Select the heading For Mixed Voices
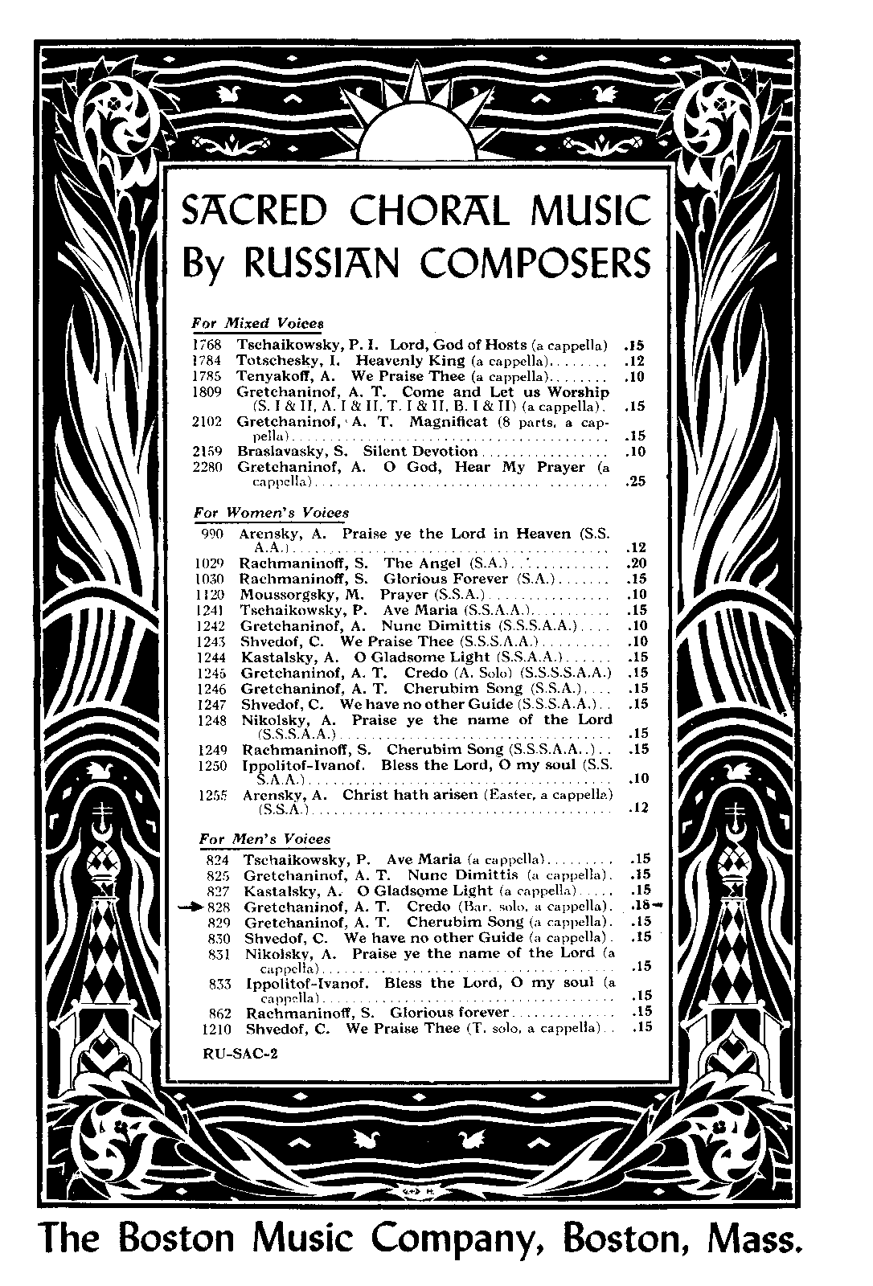pyautogui.click(x=257, y=323)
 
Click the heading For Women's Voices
pyautogui.click(x=272, y=512)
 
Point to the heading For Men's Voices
pyautogui.click(x=264, y=839)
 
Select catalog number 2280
pyautogui.click(x=207, y=467)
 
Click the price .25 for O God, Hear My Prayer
pyautogui.click(x=635, y=482)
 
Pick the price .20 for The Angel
pyautogui.click(x=636, y=563)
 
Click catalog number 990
pyautogui.click(x=212, y=533)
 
